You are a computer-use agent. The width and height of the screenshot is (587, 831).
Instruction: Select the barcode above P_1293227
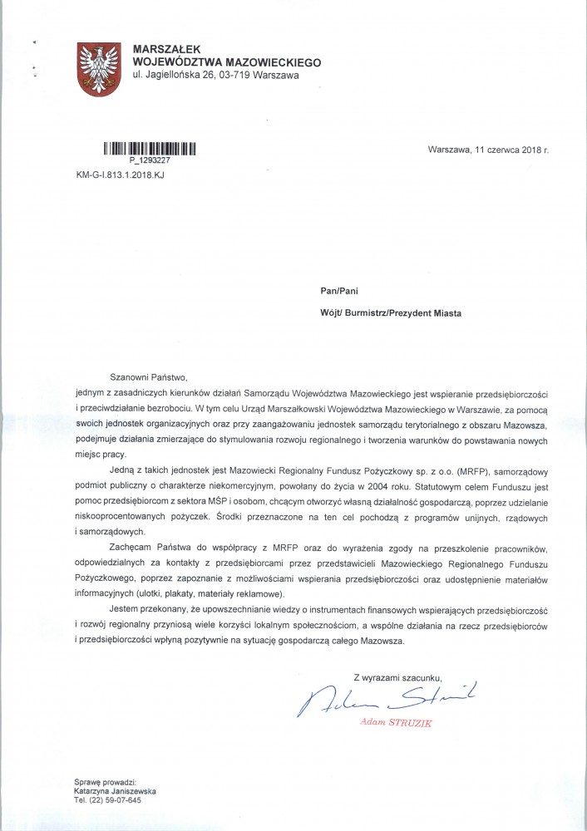(149, 150)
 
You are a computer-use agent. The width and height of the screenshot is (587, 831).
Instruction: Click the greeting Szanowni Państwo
(149, 376)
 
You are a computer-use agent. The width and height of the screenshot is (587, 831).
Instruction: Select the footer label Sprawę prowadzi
(101, 784)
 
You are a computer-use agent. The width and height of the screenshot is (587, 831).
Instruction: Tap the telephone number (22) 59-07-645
(114, 804)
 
